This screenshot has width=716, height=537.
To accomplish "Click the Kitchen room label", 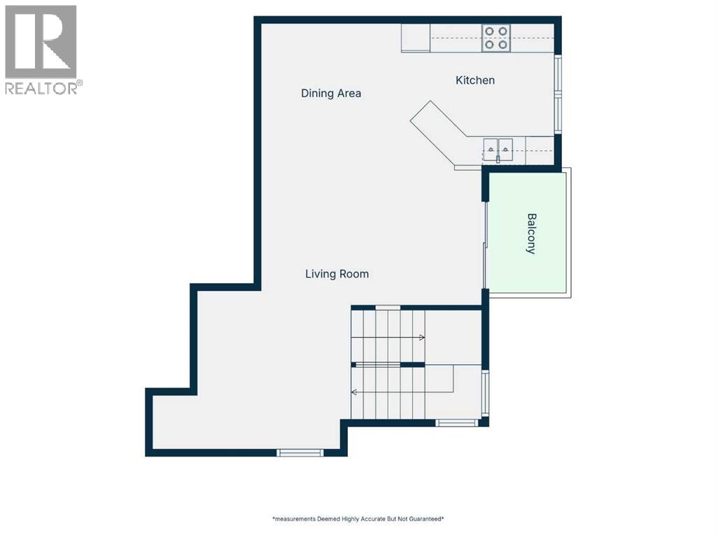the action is click(475, 80).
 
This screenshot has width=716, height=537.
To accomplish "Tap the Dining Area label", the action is click(331, 94).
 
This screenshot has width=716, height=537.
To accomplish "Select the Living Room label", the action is click(337, 274).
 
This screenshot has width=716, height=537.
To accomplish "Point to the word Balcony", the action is click(531, 234).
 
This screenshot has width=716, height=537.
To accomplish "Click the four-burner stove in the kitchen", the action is click(496, 38).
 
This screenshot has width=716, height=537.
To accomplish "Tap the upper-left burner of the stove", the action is click(489, 31).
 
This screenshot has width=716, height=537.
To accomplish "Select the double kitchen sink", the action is click(498, 150).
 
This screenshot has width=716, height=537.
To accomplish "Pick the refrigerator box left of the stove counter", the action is click(416, 38).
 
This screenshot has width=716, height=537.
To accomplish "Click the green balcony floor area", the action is click(528, 233).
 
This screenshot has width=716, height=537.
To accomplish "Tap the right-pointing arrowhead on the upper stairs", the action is click(422, 338).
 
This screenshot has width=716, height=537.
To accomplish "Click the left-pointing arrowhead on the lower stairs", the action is click(354, 392).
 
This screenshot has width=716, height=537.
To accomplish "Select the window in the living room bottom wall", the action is click(300, 452).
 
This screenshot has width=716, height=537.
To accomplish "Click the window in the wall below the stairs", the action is click(456, 423).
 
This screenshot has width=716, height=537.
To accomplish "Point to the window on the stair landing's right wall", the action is click(486, 393).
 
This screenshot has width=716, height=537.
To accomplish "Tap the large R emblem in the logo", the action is click(41, 41).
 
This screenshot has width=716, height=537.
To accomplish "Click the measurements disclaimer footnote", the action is click(358, 519).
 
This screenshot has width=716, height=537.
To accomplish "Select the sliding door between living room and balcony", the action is click(486, 245).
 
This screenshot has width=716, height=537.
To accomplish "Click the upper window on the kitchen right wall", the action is click(558, 74).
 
